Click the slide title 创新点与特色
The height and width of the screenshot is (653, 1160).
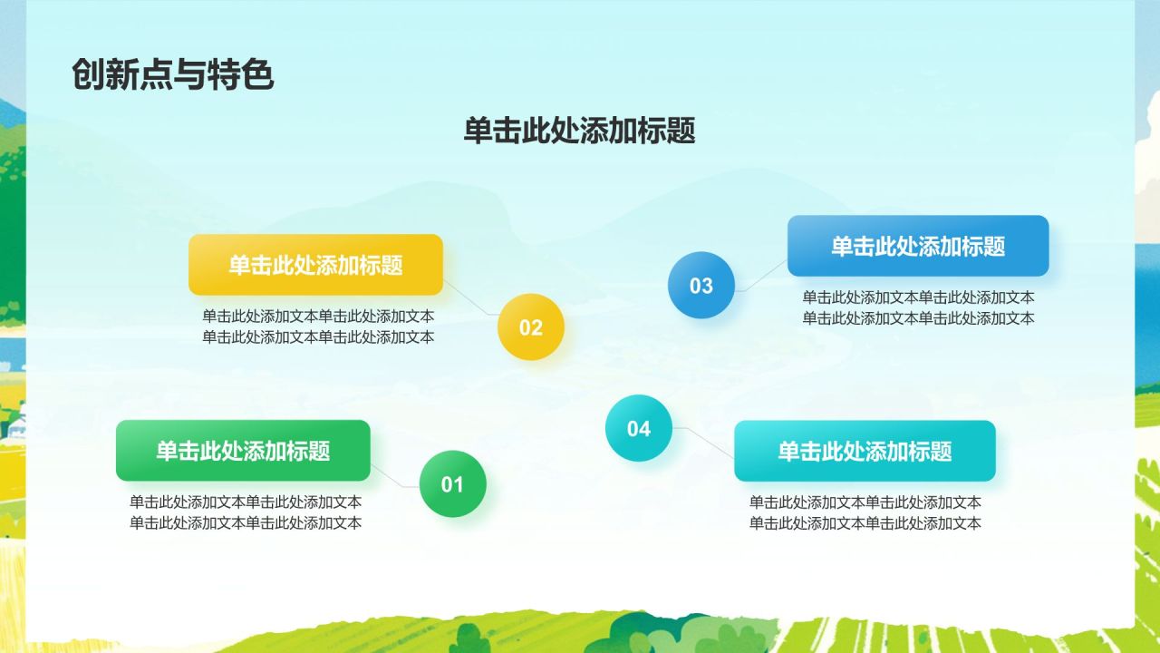pyautogui.click(x=172, y=75)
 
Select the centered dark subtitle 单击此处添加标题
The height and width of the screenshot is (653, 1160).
pyautogui.click(x=579, y=131)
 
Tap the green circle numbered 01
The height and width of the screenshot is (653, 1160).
pyautogui.click(x=452, y=484)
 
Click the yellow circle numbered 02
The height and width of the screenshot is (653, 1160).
pyautogui.click(x=530, y=327)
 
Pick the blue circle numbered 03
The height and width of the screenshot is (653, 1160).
pyautogui.click(x=701, y=286)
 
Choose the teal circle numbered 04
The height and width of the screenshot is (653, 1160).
pyautogui.click(x=638, y=428)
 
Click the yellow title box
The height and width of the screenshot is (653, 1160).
pyautogui.click(x=315, y=265)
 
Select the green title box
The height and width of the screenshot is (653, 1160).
pyautogui.click(x=243, y=451)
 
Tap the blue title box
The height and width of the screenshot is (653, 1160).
pyautogui.click(x=917, y=246)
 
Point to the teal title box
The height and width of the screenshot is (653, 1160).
pyautogui.click(x=865, y=451)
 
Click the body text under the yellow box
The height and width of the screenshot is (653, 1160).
pyautogui.click(x=318, y=326)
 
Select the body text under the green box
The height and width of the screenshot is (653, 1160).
pyautogui.click(x=246, y=512)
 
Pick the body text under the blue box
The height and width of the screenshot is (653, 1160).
pyautogui.click(x=918, y=307)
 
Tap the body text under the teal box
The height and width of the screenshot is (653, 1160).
pyautogui.click(x=865, y=512)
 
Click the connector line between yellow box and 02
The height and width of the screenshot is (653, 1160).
pyautogui.click(x=471, y=304)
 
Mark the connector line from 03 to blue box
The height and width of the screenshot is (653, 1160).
pyautogui.click(x=763, y=276)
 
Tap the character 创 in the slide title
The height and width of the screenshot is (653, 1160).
pyautogui.click(x=85, y=75)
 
